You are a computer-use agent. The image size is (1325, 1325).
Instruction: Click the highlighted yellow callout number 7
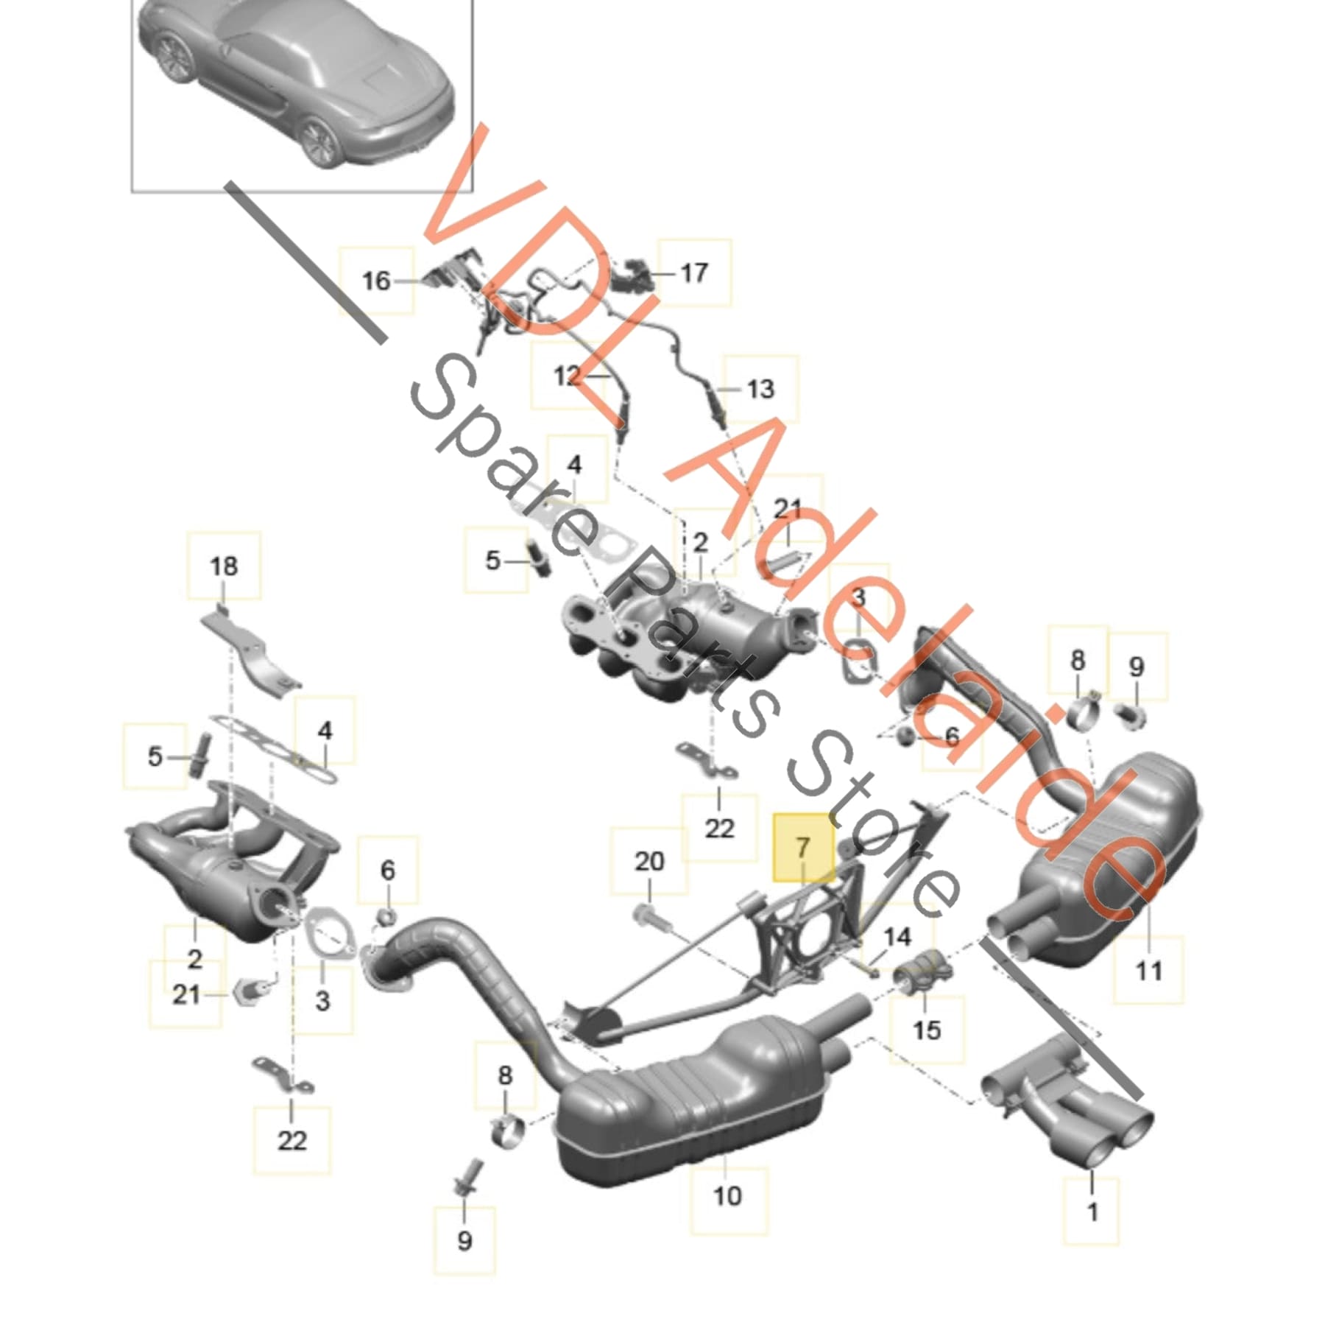(x=802, y=847)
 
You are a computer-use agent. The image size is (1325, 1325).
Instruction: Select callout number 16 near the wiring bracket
(x=375, y=281)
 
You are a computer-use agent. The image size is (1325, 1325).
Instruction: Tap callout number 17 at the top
(x=693, y=273)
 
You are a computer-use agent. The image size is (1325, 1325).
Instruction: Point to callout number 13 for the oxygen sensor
(x=760, y=388)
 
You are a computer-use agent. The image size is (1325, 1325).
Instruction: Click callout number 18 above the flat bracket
(x=224, y=566)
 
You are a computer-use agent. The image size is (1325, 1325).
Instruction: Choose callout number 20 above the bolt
(x=649, y=861)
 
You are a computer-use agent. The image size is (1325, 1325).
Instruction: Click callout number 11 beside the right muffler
(x=1148, y=971)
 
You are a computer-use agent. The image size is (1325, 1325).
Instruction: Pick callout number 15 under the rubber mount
(x=926, y=1030)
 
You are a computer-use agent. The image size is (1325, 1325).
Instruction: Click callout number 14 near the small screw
(x=897, y=938)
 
